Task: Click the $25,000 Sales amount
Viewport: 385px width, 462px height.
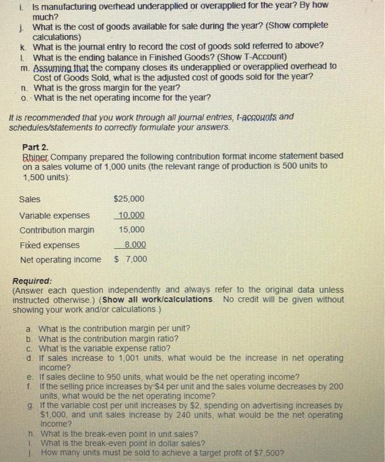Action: tap(129, 199)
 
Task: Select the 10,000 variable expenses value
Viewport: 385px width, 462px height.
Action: tap(131, 215)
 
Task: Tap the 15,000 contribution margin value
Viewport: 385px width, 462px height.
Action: tap(131, 230)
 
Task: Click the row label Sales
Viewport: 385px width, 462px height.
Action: tap(30, 199)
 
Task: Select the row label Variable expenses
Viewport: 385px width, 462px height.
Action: tap(55, 215)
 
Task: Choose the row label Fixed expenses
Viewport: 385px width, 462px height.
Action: tap(49, 244)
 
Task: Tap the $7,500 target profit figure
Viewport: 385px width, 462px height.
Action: tap(284, 452)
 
